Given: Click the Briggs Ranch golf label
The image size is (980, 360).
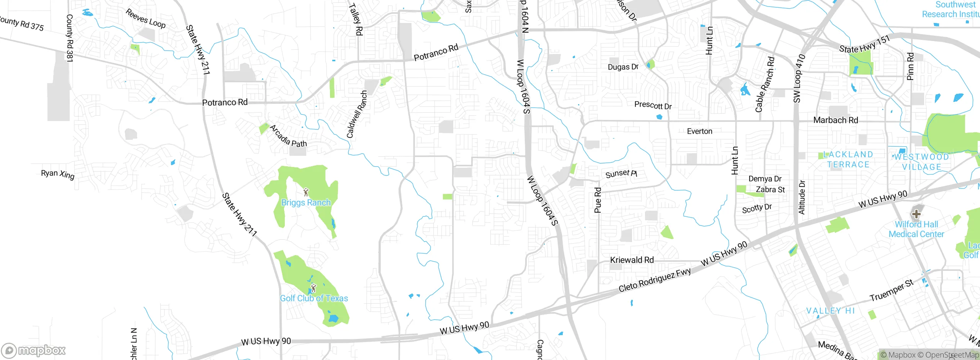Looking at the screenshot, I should (306, 203).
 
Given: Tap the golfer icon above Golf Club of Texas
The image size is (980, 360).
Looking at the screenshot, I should (314, 287).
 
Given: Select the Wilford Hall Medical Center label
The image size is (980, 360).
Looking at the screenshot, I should (916, 229).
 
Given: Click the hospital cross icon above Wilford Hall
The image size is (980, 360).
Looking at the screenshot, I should (916, 214).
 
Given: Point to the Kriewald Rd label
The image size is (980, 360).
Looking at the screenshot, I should (632, 260).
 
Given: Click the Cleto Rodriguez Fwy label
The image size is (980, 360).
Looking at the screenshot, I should (655, 280).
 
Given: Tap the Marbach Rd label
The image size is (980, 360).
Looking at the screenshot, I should (835, 120).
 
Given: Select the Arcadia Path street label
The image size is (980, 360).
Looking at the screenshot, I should (288, 137).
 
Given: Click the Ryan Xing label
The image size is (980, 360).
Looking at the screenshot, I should (57, 174).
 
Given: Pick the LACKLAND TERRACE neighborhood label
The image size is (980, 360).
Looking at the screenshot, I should (848, 160).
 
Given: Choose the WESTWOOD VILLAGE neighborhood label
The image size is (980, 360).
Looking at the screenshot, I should (921, 162).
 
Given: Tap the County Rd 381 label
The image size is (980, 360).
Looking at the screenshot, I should (69, 38).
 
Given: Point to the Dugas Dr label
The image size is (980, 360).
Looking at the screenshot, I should (623, 67).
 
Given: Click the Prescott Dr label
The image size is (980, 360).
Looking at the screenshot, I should (653, 105).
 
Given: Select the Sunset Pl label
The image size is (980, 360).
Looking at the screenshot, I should (621, 174).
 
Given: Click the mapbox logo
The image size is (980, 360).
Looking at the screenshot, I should (34, 350).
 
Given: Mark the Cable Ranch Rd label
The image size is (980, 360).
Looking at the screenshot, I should (764, 85).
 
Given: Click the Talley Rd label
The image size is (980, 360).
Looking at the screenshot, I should (355, 19).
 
